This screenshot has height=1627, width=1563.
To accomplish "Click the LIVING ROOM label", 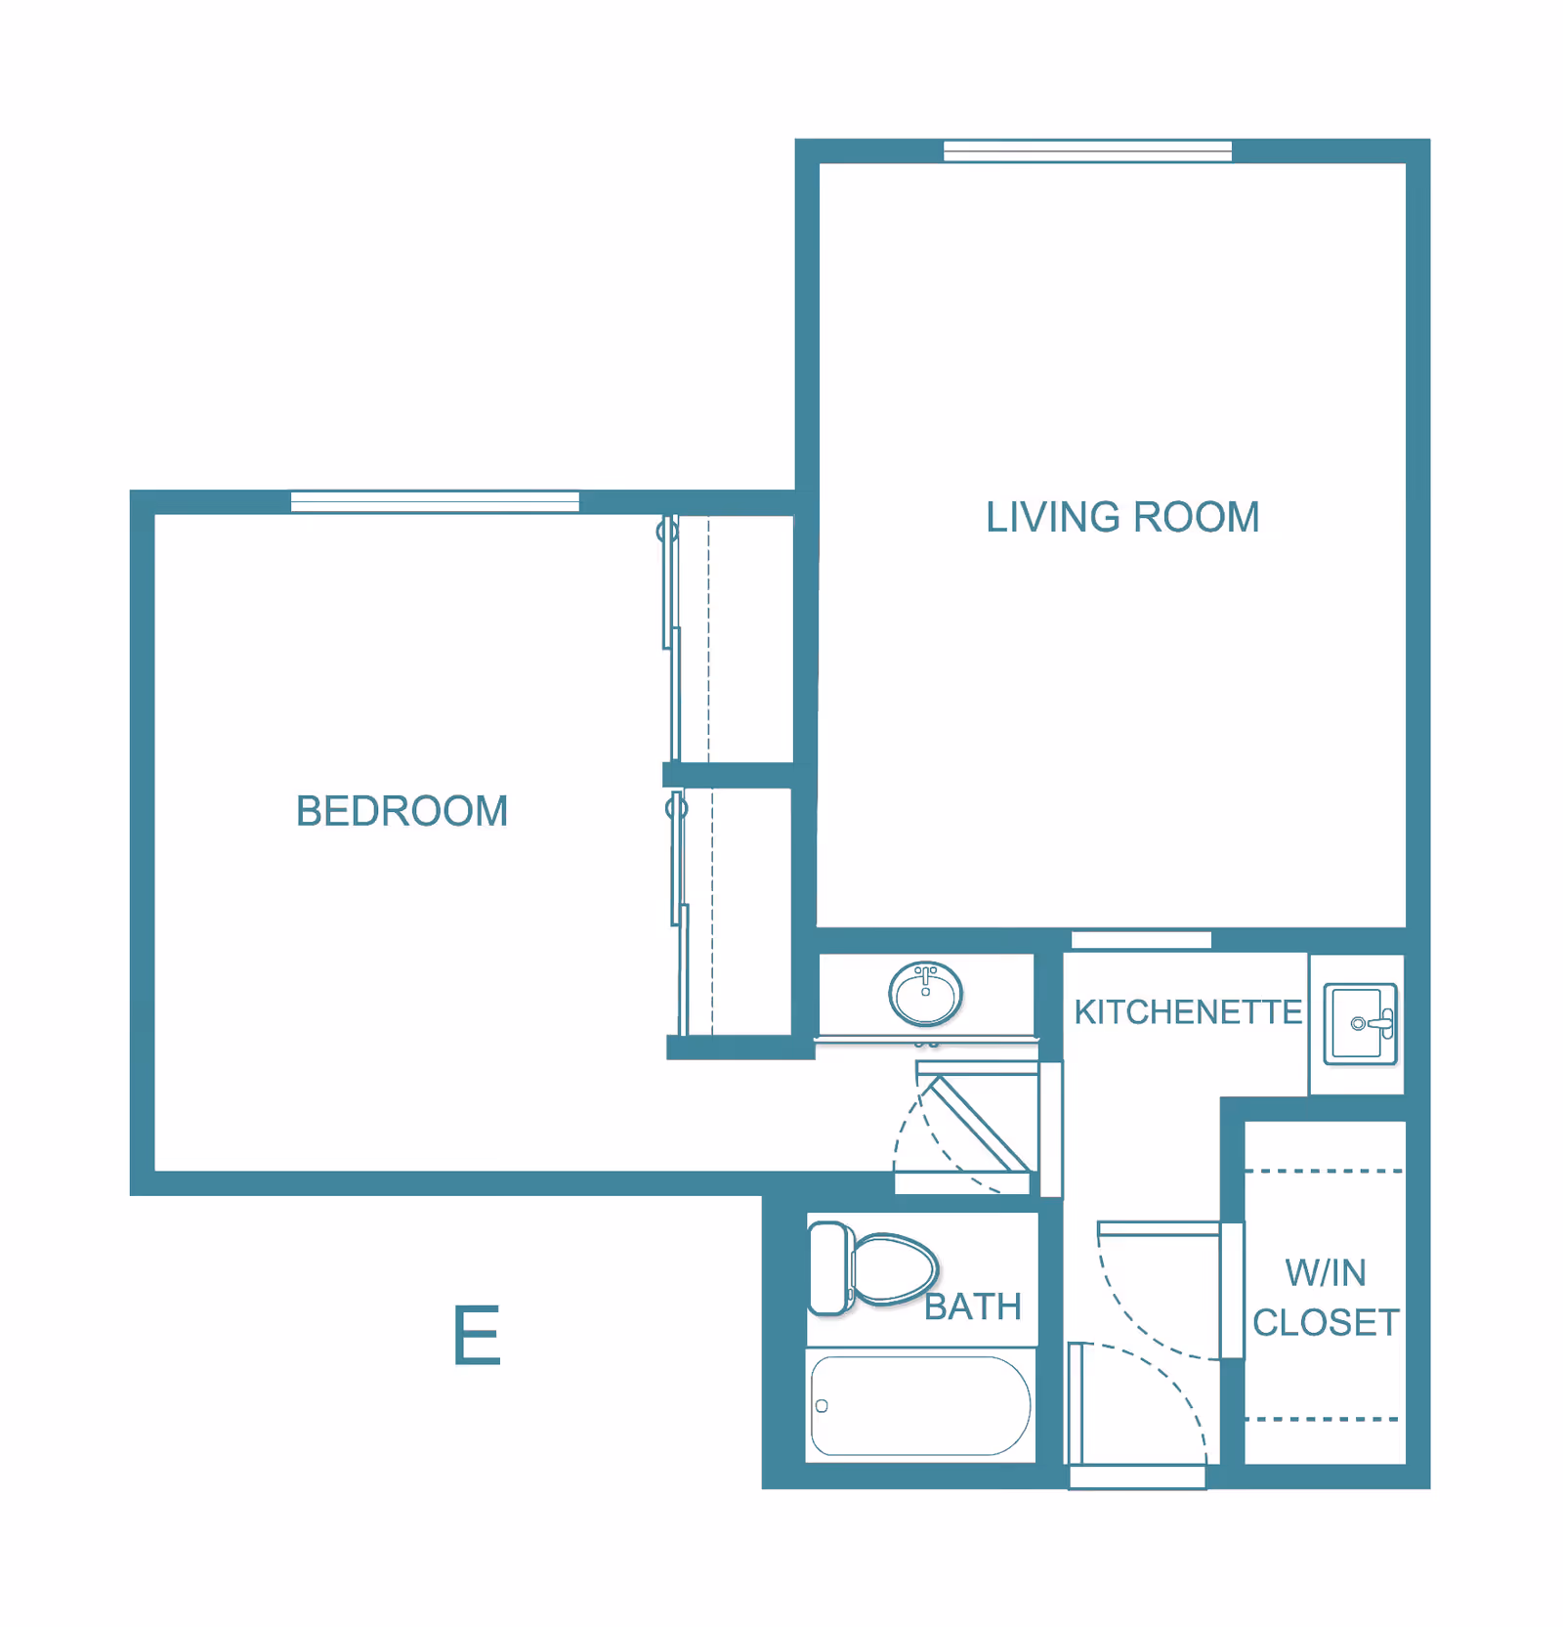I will tap(1121, 518).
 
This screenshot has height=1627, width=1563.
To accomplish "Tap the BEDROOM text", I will tap(401, 811).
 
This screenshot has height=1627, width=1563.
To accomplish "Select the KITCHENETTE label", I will tap(1187, 1012).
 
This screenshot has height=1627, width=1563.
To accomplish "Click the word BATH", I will tap(972, 1306).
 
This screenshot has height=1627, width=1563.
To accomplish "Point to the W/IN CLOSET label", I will tap(1325, 1298).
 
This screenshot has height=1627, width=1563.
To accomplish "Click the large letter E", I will tap(477, 1336).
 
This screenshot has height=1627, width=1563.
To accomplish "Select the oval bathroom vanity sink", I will tap(925, 993).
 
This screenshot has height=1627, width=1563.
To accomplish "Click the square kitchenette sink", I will tap(1359, 1023).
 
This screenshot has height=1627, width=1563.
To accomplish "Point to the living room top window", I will tap(1086, 150).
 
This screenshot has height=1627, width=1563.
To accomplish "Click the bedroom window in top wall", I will tap(435, 501).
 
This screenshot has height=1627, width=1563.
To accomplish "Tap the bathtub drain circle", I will tap(822, 1406).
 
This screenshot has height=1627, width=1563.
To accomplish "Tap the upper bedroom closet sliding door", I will tap(671, 635).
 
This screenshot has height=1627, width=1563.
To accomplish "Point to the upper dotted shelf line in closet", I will tap(1324, 1170).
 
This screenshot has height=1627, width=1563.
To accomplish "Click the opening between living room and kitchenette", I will tap(1141, 940).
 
